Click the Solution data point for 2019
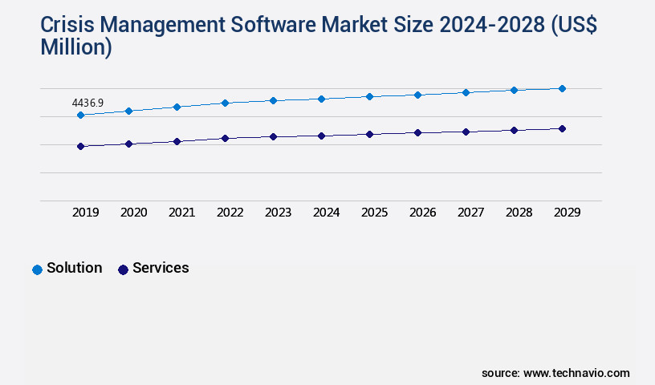(80, 115)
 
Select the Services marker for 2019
(80, 146)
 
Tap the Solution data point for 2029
(562, 88)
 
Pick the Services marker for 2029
(562, 128)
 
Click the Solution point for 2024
(321, 99)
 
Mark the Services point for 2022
(225, 138)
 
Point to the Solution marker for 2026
(417, 95)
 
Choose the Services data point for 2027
(466, 132)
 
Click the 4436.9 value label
(87, 103)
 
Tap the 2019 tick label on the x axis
(86, 213)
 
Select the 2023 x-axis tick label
(279, 213)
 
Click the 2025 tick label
(375, 213)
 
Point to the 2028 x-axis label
(519, 213)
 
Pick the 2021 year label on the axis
(182, 213)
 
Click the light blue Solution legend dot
(37, 269)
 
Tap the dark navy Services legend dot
(123, 269)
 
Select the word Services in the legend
(161, 268)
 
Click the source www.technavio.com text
(555, 373)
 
